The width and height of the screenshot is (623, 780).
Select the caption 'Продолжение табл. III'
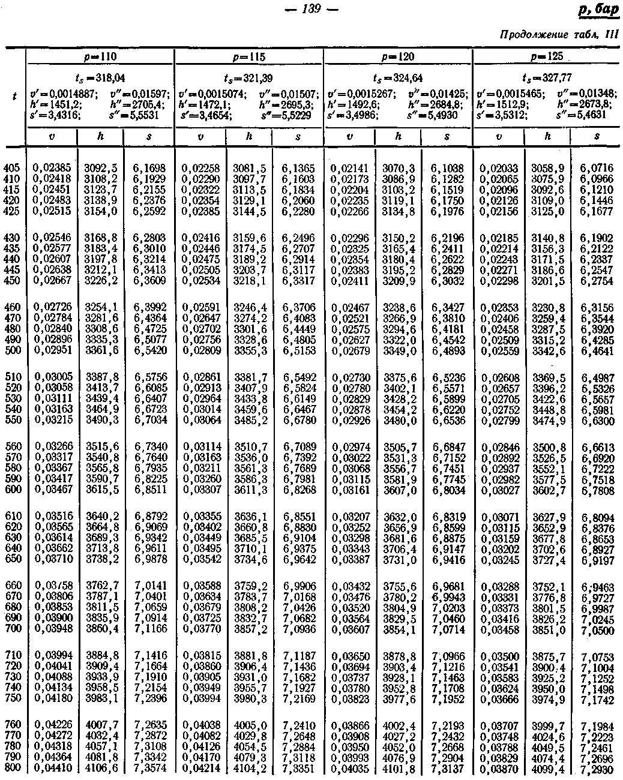pos(558,35)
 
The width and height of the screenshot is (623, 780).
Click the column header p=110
pos(100,56)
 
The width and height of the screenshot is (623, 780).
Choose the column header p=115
pos(248,56)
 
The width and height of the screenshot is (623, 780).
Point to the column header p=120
pos(397,56)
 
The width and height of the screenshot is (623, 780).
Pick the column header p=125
pos(547,56)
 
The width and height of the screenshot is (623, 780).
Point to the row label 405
pos(13,168)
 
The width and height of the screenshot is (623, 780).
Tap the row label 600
pos(13,490)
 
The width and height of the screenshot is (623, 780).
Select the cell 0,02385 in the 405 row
pos(52,168)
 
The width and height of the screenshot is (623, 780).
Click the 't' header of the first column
pos(14,95)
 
